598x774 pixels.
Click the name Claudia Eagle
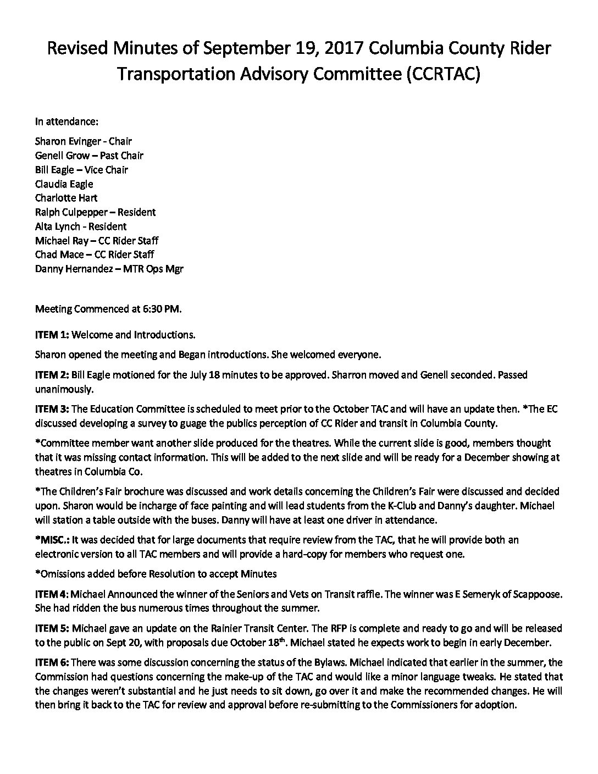[64, 184]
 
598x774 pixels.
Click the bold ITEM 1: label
[52, 334]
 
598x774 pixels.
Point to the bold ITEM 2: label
[52, 375]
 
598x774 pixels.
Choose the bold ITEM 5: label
[52, 628]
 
